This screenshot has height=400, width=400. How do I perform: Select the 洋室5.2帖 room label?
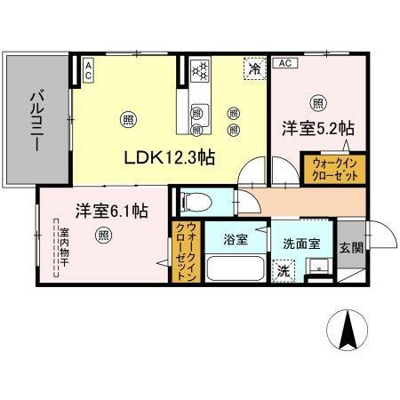317,126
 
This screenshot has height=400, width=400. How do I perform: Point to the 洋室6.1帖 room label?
111,211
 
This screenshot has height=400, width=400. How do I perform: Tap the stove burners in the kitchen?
200,69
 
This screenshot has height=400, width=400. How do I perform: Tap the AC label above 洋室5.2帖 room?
284,63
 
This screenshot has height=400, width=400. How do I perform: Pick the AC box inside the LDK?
87,70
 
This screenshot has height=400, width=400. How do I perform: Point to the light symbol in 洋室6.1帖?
104,236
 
